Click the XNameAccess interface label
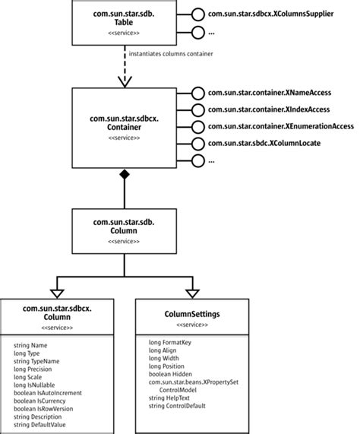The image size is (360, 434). [273, 93]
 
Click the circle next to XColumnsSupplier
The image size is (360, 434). [197, 14]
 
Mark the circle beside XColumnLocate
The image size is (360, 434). [197, 143]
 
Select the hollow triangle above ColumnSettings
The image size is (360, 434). [190, 293]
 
